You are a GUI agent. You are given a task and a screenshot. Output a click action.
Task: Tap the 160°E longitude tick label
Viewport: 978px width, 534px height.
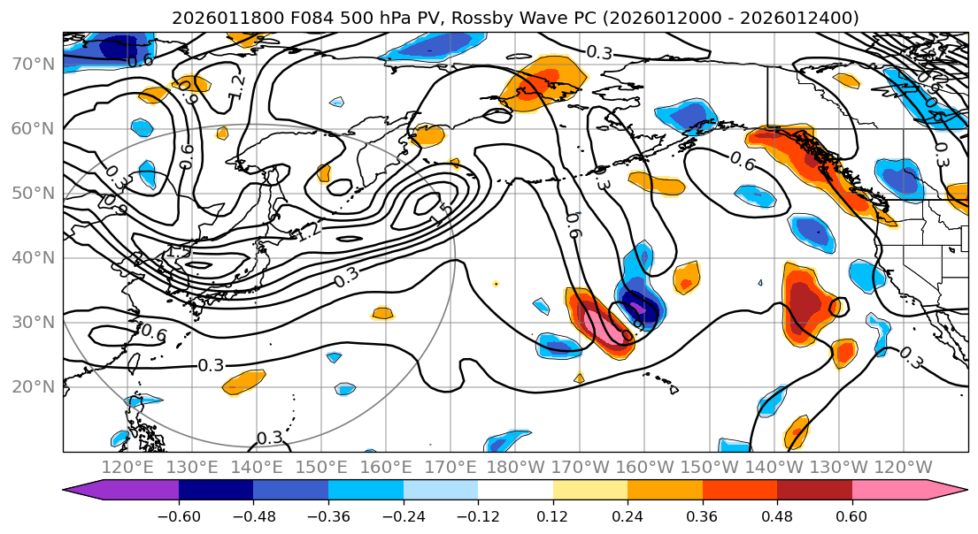(387, 467)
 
